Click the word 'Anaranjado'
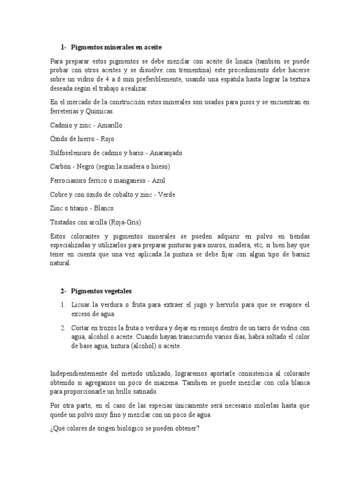pos(166,153)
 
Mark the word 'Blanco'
pos(104,208)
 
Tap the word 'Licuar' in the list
pos(81,305)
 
